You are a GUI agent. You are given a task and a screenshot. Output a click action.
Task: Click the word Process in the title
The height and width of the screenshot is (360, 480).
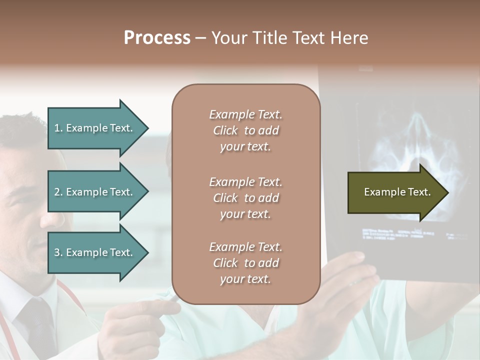pyautogui.click(x=157, y=38)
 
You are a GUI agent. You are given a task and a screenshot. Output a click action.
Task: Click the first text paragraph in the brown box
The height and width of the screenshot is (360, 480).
pyautogui.click(x=245, y=130)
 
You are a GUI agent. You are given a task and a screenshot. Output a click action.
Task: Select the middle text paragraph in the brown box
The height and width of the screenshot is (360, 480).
pyautogui.click(x=245, y=198)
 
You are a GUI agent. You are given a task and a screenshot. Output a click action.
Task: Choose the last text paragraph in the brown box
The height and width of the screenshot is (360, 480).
pyautogui.click(x=245, y=263)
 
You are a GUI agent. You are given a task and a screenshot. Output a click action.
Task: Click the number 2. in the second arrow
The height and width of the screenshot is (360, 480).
pyautogui.click(x=58, y=192)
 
